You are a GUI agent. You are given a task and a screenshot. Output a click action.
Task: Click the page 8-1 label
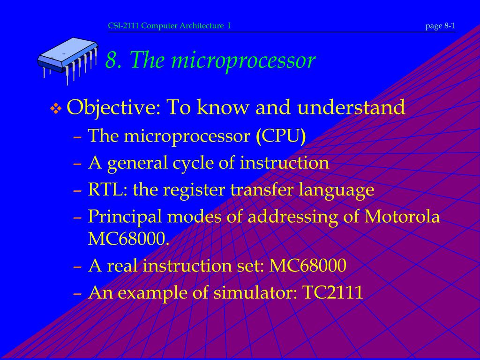[x=440, y=26]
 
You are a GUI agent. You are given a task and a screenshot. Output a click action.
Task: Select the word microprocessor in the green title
[x=243, y=60]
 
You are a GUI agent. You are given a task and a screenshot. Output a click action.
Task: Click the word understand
[x=352, y=107]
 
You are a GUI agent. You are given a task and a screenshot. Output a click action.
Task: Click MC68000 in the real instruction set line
[x=308, y=266]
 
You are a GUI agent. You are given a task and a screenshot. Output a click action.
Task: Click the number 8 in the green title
[x=112, y=60]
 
